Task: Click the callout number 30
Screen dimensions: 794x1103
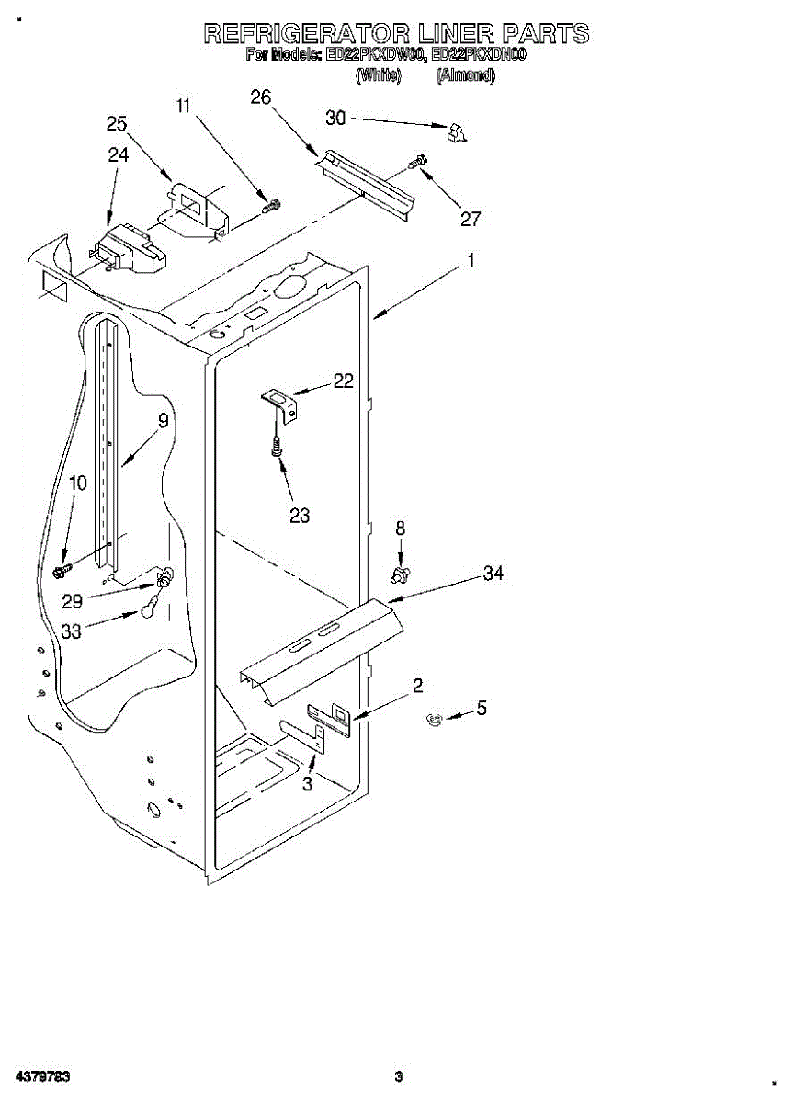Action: point(336,118)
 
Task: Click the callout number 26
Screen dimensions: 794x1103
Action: point(261,97)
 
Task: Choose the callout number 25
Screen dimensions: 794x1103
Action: point(117,124)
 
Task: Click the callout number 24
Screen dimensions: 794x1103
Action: point(118,155)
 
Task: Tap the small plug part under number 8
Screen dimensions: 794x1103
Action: point(400,575)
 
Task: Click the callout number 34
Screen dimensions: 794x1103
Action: point(493,574)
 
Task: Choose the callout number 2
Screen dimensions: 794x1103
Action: point(418,685)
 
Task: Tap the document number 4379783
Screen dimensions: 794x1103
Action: point(40,1076)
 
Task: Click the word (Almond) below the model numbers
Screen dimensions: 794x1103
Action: point(465,76)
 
